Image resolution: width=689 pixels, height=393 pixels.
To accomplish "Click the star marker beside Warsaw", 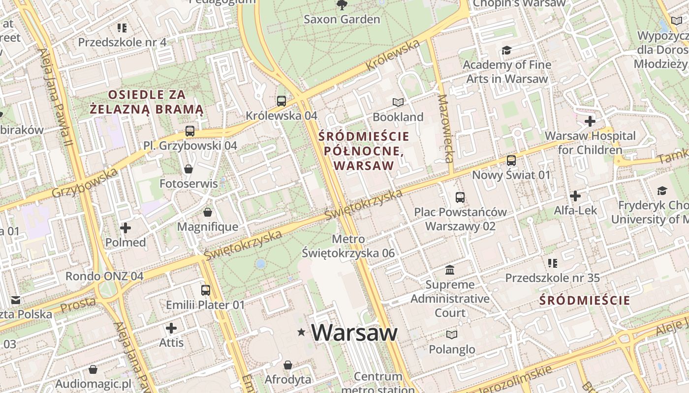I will (301, 333).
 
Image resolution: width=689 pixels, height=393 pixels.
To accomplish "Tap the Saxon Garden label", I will (342, 20).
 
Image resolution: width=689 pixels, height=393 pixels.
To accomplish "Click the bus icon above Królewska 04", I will (282, 101).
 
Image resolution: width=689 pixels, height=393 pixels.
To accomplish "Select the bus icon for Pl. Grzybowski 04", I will (190, 131).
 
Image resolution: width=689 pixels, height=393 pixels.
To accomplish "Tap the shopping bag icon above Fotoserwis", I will (188, 169).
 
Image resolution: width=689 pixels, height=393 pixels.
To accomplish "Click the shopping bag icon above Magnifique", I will (208, 212).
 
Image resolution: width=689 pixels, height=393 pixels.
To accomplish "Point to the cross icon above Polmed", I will (125, 228).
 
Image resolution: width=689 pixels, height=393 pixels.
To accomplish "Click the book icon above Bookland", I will (398, 102).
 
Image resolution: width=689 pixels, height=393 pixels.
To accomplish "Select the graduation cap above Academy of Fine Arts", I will (506, 50).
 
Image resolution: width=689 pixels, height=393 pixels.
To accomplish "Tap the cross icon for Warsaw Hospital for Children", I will (590, 121).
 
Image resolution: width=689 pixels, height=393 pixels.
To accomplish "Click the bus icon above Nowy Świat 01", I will (511, 161).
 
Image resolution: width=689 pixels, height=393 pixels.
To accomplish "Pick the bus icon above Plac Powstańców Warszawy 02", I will (460, 197).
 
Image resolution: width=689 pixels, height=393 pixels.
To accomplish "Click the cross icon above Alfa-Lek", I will (575, 196).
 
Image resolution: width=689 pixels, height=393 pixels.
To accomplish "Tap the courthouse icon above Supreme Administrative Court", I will (450, 270).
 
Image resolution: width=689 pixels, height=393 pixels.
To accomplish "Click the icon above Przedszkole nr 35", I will (553, 263).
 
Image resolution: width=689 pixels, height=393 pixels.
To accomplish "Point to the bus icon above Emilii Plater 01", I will (205, 290).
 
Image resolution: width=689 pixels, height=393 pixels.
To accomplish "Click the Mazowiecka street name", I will (445, 129).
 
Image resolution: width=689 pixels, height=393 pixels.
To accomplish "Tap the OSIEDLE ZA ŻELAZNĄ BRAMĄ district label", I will (147, 102).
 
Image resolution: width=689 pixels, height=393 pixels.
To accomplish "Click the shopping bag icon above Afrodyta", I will (288, 365).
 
